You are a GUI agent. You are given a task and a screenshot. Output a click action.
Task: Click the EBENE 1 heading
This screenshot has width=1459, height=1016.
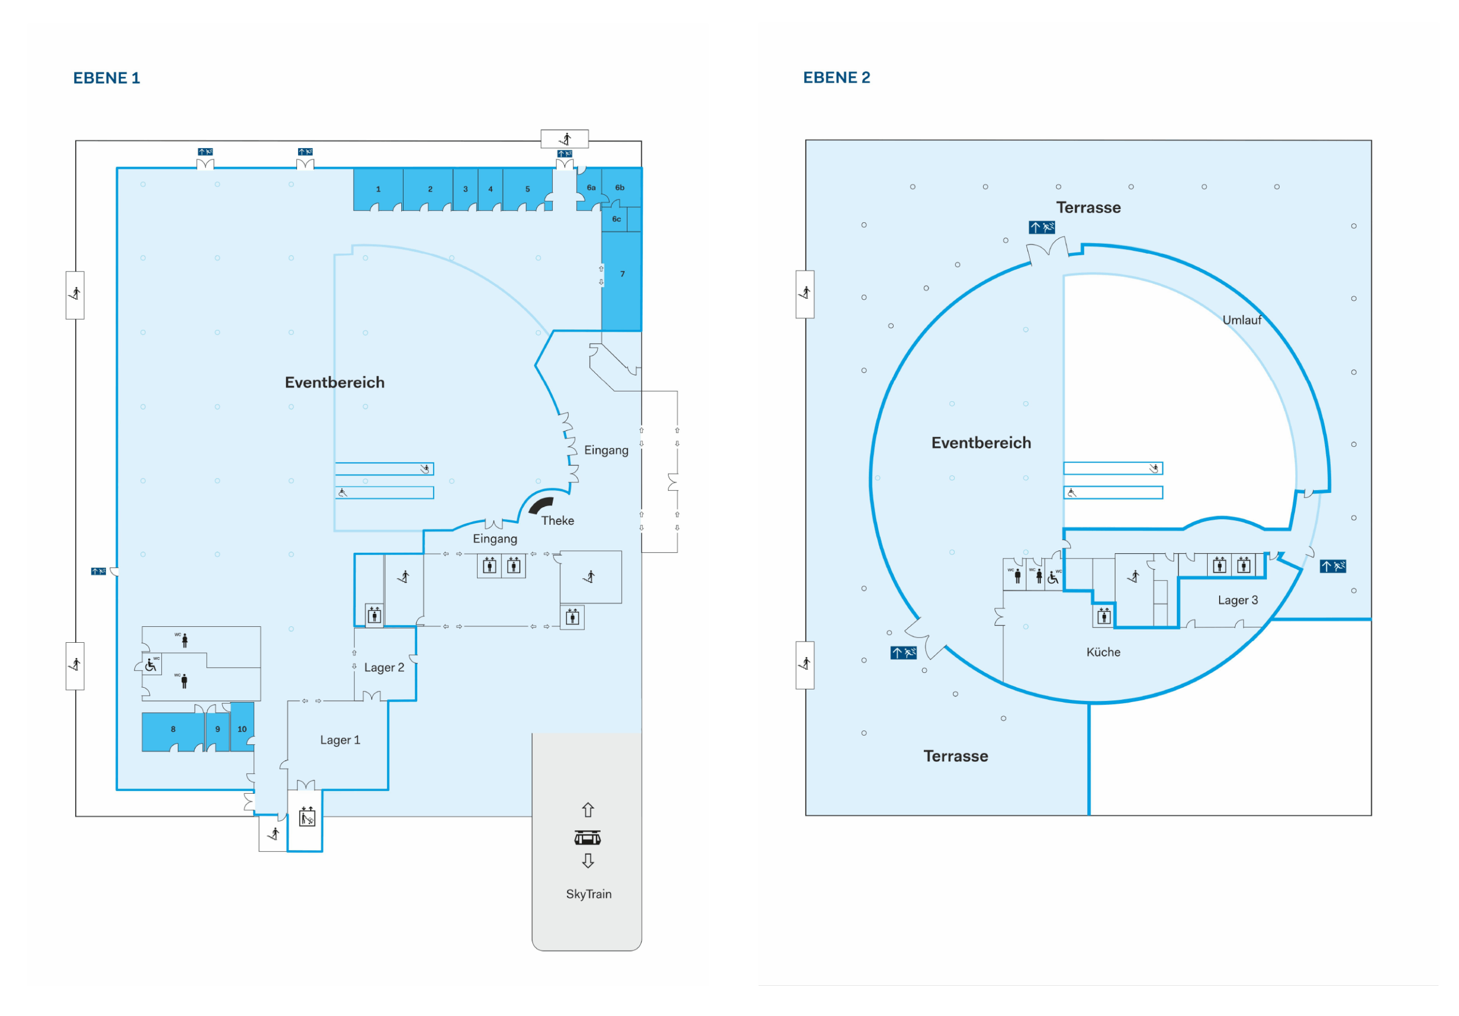tap(106, 78)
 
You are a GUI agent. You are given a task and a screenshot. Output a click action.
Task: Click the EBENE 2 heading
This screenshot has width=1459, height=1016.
tap(836, 77)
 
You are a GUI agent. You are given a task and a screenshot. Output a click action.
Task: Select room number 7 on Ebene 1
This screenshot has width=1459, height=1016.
tap(622, 275)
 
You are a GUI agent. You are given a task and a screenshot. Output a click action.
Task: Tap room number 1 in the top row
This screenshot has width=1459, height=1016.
tap(378, 189)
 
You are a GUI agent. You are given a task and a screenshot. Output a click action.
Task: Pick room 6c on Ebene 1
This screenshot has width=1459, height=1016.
tap(616, 219)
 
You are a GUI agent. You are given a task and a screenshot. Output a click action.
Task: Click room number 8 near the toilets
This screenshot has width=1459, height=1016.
tap(173, 729)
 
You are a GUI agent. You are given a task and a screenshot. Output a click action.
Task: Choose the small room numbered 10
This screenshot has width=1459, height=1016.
tap(242, 729)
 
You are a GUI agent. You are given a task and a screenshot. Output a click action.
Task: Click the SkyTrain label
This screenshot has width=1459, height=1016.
tap(588, 894)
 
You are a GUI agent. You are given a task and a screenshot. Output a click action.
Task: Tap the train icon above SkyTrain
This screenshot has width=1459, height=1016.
tap(588, 838)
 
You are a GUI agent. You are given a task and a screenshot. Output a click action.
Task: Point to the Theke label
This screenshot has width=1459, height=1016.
tap(557, 521)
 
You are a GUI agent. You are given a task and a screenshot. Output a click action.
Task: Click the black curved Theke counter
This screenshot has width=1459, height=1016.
tap(540, 505)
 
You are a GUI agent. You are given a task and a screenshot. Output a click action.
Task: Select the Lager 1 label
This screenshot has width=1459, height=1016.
tap(340, 740)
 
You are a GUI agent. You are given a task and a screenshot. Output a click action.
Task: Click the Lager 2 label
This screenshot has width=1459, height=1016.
tap(384, 668)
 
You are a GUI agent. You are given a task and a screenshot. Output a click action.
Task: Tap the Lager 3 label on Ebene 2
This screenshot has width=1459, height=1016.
tap(1237, 601)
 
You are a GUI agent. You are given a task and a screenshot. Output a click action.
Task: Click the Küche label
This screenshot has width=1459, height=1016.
tap(1103, 652)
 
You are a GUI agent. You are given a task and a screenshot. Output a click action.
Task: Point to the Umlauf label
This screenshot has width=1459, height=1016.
tap(1242, 320)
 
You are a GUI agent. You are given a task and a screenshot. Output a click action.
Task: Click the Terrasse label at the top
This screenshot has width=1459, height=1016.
tap(1088, 208)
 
